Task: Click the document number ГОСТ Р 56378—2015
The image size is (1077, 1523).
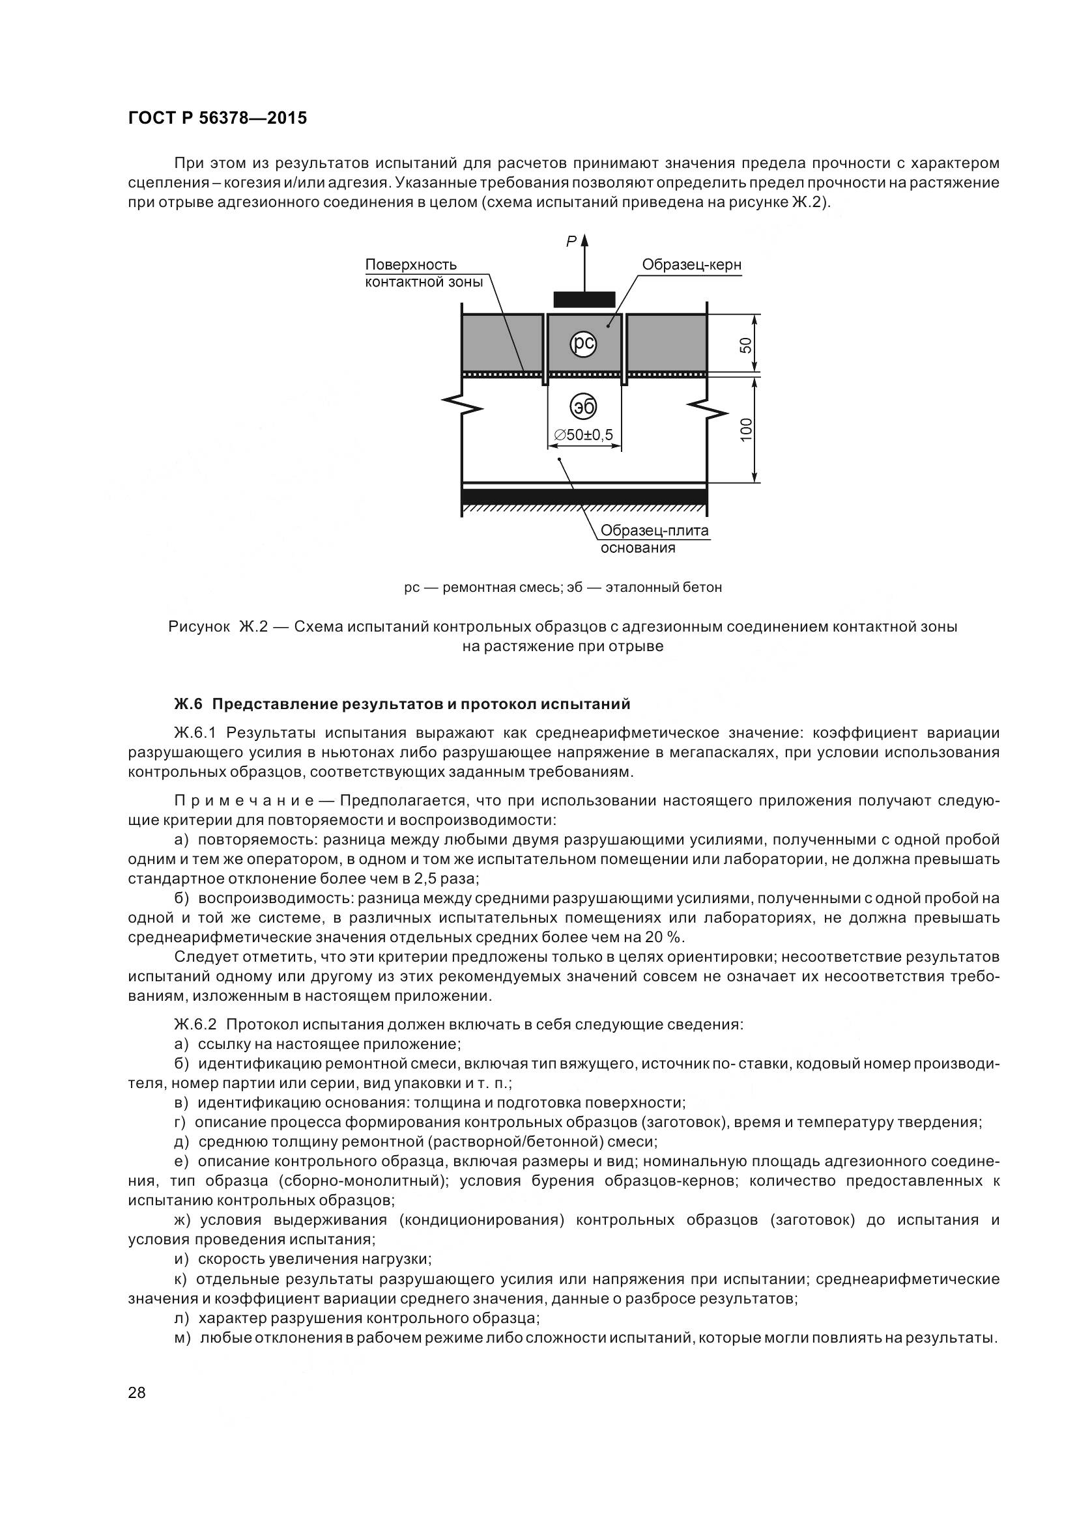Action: click(x=217, y=119)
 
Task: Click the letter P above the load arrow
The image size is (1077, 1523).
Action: click(x=570, y=242)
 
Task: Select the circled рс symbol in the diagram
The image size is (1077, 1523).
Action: click(x=583, y=344)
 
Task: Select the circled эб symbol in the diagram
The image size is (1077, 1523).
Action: click(x=583, y=406)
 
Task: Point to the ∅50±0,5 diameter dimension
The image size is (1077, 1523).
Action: click(x=584, y=434)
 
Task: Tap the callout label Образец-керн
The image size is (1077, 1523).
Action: click(x=691, y=264)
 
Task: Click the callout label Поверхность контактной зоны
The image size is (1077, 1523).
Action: click(x=424, y=273)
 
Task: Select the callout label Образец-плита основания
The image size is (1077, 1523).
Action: click(x=654, y=539)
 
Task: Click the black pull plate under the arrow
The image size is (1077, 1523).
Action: click(x=584, y=300)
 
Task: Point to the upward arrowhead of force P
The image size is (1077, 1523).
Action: click(x=584, y=241)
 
